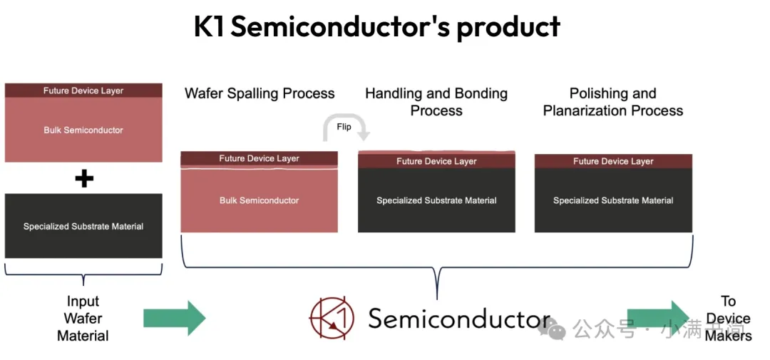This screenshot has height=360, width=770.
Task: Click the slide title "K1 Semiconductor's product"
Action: click(x=377, y=27)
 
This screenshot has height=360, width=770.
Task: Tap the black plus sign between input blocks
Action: click(x=84, y=178)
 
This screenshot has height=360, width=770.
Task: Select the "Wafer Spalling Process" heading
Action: click(x=260, y=93)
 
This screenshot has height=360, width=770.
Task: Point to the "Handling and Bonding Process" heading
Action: click(x=436, y=102)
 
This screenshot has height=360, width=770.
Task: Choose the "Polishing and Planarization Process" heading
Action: click(x=612, y=102)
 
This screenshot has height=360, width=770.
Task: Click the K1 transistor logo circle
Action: click(x=332, y=318)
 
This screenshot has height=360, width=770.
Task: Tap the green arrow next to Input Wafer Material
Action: click(x=174, y=318)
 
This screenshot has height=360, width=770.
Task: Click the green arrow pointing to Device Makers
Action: click(x=657, y=318)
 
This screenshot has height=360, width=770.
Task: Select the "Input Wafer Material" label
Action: click(x=83, y=319)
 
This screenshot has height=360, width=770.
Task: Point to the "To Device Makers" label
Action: click(x=728, y=319)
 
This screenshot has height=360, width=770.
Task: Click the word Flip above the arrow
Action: click(x=344, y=127)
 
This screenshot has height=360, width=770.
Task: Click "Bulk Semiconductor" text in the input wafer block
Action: click(x=83, y=130)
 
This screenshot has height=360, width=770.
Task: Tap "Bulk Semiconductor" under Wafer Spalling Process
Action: click(x=259, y=201)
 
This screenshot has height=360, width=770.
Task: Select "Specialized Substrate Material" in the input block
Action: click(x=83, y=227)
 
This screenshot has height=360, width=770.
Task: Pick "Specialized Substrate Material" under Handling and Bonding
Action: click(x=436, y=201)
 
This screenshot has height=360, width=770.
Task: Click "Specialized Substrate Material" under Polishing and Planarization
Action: click(x=613, y=201)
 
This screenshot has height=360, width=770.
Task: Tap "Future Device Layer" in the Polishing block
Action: click(x=613, y=162)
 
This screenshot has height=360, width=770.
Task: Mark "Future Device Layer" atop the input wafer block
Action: click(x=83, y=91)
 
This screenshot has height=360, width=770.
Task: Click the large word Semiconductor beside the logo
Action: click(x=458, y=319)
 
